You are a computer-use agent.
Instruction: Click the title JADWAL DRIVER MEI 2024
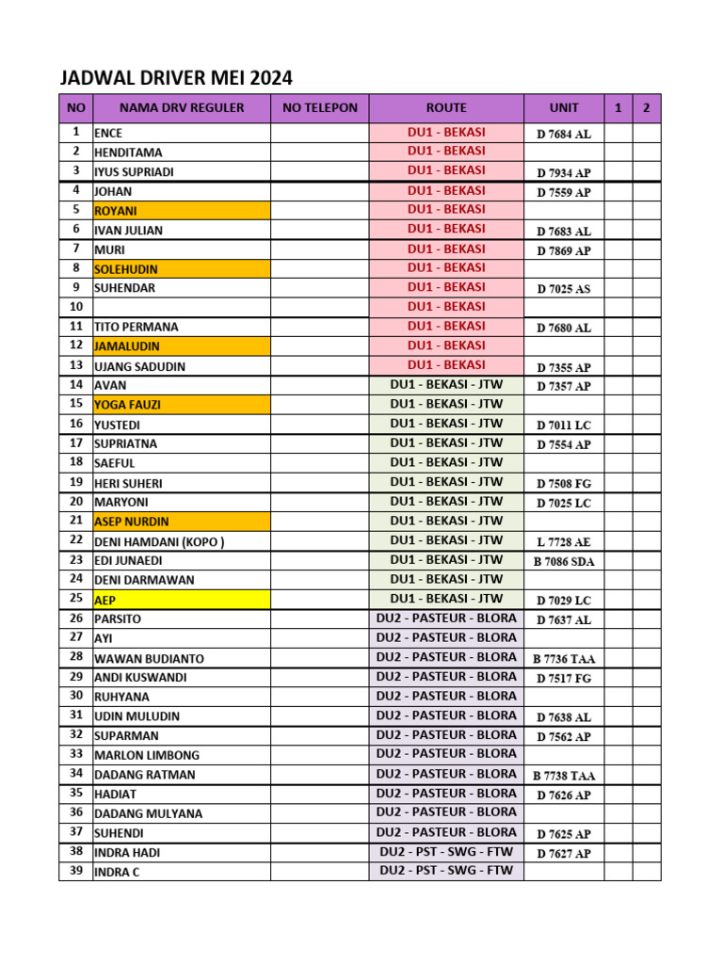(177, 77)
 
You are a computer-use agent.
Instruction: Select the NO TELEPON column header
(320, 107)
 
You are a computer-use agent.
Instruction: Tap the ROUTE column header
(446, 107)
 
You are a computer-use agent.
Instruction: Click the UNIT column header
(564, 107)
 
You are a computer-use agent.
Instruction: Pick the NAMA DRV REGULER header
(182, 107)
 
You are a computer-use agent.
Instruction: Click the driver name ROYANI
(116, 211)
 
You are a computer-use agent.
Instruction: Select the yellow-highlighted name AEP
(104, 600)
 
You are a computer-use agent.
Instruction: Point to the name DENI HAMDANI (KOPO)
(159, 541)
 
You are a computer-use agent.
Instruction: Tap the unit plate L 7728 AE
(564, 542)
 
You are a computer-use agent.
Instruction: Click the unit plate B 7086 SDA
(564, 561)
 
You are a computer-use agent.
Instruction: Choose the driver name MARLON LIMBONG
(147, 755)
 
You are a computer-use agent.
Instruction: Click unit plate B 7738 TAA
(564, 776)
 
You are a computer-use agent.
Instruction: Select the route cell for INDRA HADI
(446, 852)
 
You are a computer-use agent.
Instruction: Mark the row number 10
(75, 307)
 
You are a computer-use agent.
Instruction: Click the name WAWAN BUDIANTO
(149, 658)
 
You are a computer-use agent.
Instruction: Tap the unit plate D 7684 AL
(564, 134)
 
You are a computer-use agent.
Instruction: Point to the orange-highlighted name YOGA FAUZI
(127, 405)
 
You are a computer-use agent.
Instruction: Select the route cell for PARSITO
(446, 619)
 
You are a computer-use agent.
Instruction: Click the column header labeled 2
(646, 107)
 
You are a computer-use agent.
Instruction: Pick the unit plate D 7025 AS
(564, 289)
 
